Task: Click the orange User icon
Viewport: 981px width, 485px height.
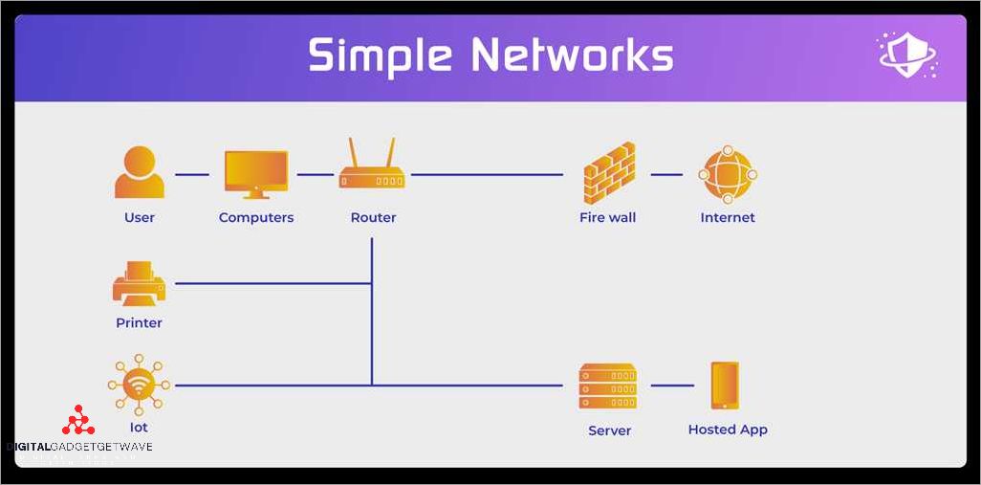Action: pyautogui.click(x=139, y=172)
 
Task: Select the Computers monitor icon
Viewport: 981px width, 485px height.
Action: pyautogui.click(x=255, y=173)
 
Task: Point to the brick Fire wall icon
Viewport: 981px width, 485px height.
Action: pyautogui.click(x=609, y=172)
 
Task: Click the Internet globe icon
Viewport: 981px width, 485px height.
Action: pyautogui.click(x=728, y=174)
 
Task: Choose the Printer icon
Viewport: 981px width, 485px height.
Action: pyautogui.click(x=139, y=283)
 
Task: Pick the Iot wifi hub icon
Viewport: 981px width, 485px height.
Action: pyautogui.click(x=139, y=386)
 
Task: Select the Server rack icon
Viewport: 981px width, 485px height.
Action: pyautogui.click(x=608, y=386)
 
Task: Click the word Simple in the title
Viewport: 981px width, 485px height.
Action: pyautogui.click(x=380, y=56)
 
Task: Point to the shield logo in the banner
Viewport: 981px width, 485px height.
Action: pyautogui.click(x=905, y=55)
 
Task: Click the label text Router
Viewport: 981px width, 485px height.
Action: pyautogui.click(x=373, y=218)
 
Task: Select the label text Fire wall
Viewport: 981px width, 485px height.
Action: pyautogui.click(x=607, y=218)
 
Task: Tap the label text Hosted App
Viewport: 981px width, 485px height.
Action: pyautogui.click(x=728, y=430)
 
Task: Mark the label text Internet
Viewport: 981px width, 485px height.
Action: pyautogui.click(x=728, y=218)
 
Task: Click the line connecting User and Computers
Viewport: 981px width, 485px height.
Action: pyautogui.click(x=192, y=175)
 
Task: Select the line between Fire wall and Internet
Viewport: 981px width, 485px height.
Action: pyautogui.click(x=666, y=175)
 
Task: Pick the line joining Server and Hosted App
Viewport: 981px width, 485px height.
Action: pyautogui.click(x=672, y=386)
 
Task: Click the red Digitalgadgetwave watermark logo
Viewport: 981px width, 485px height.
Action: pyautogui.click(x=78, y=421)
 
